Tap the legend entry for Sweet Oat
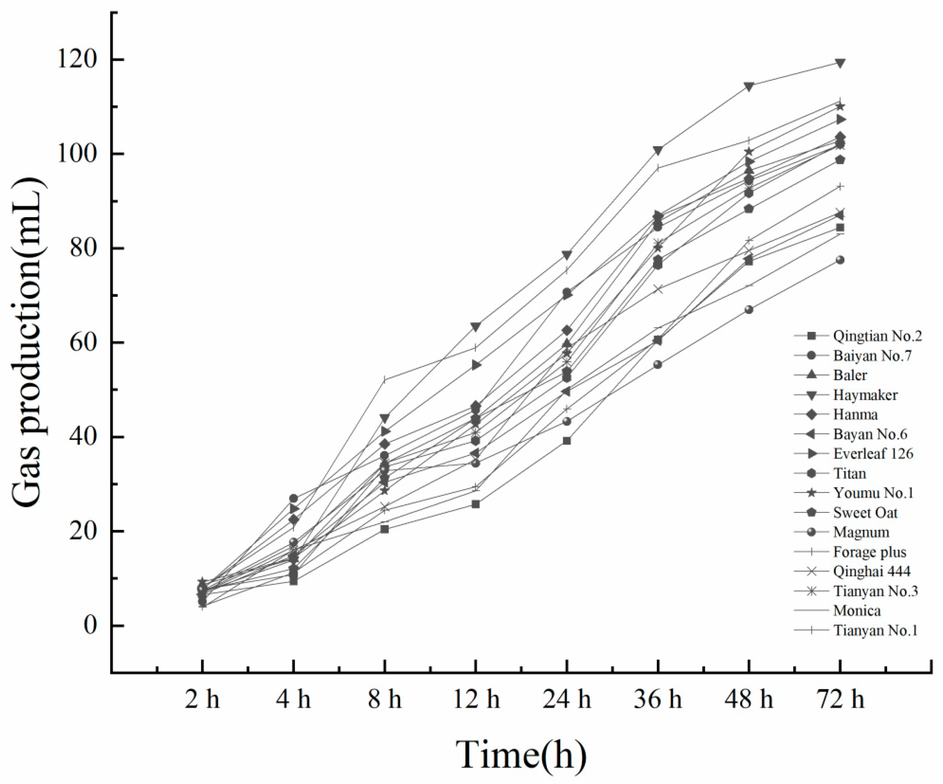coord(865,513)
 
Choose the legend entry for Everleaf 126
coord(873,454)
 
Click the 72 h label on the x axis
coord(839,700)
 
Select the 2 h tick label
coord(202,700)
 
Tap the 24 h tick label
coord(567,700)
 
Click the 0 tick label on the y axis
coord(91,625)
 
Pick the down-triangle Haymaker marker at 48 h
coord(748,86)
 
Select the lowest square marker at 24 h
coord(567,441)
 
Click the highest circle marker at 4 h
coord(293,498)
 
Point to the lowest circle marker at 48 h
coord(748,309)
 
